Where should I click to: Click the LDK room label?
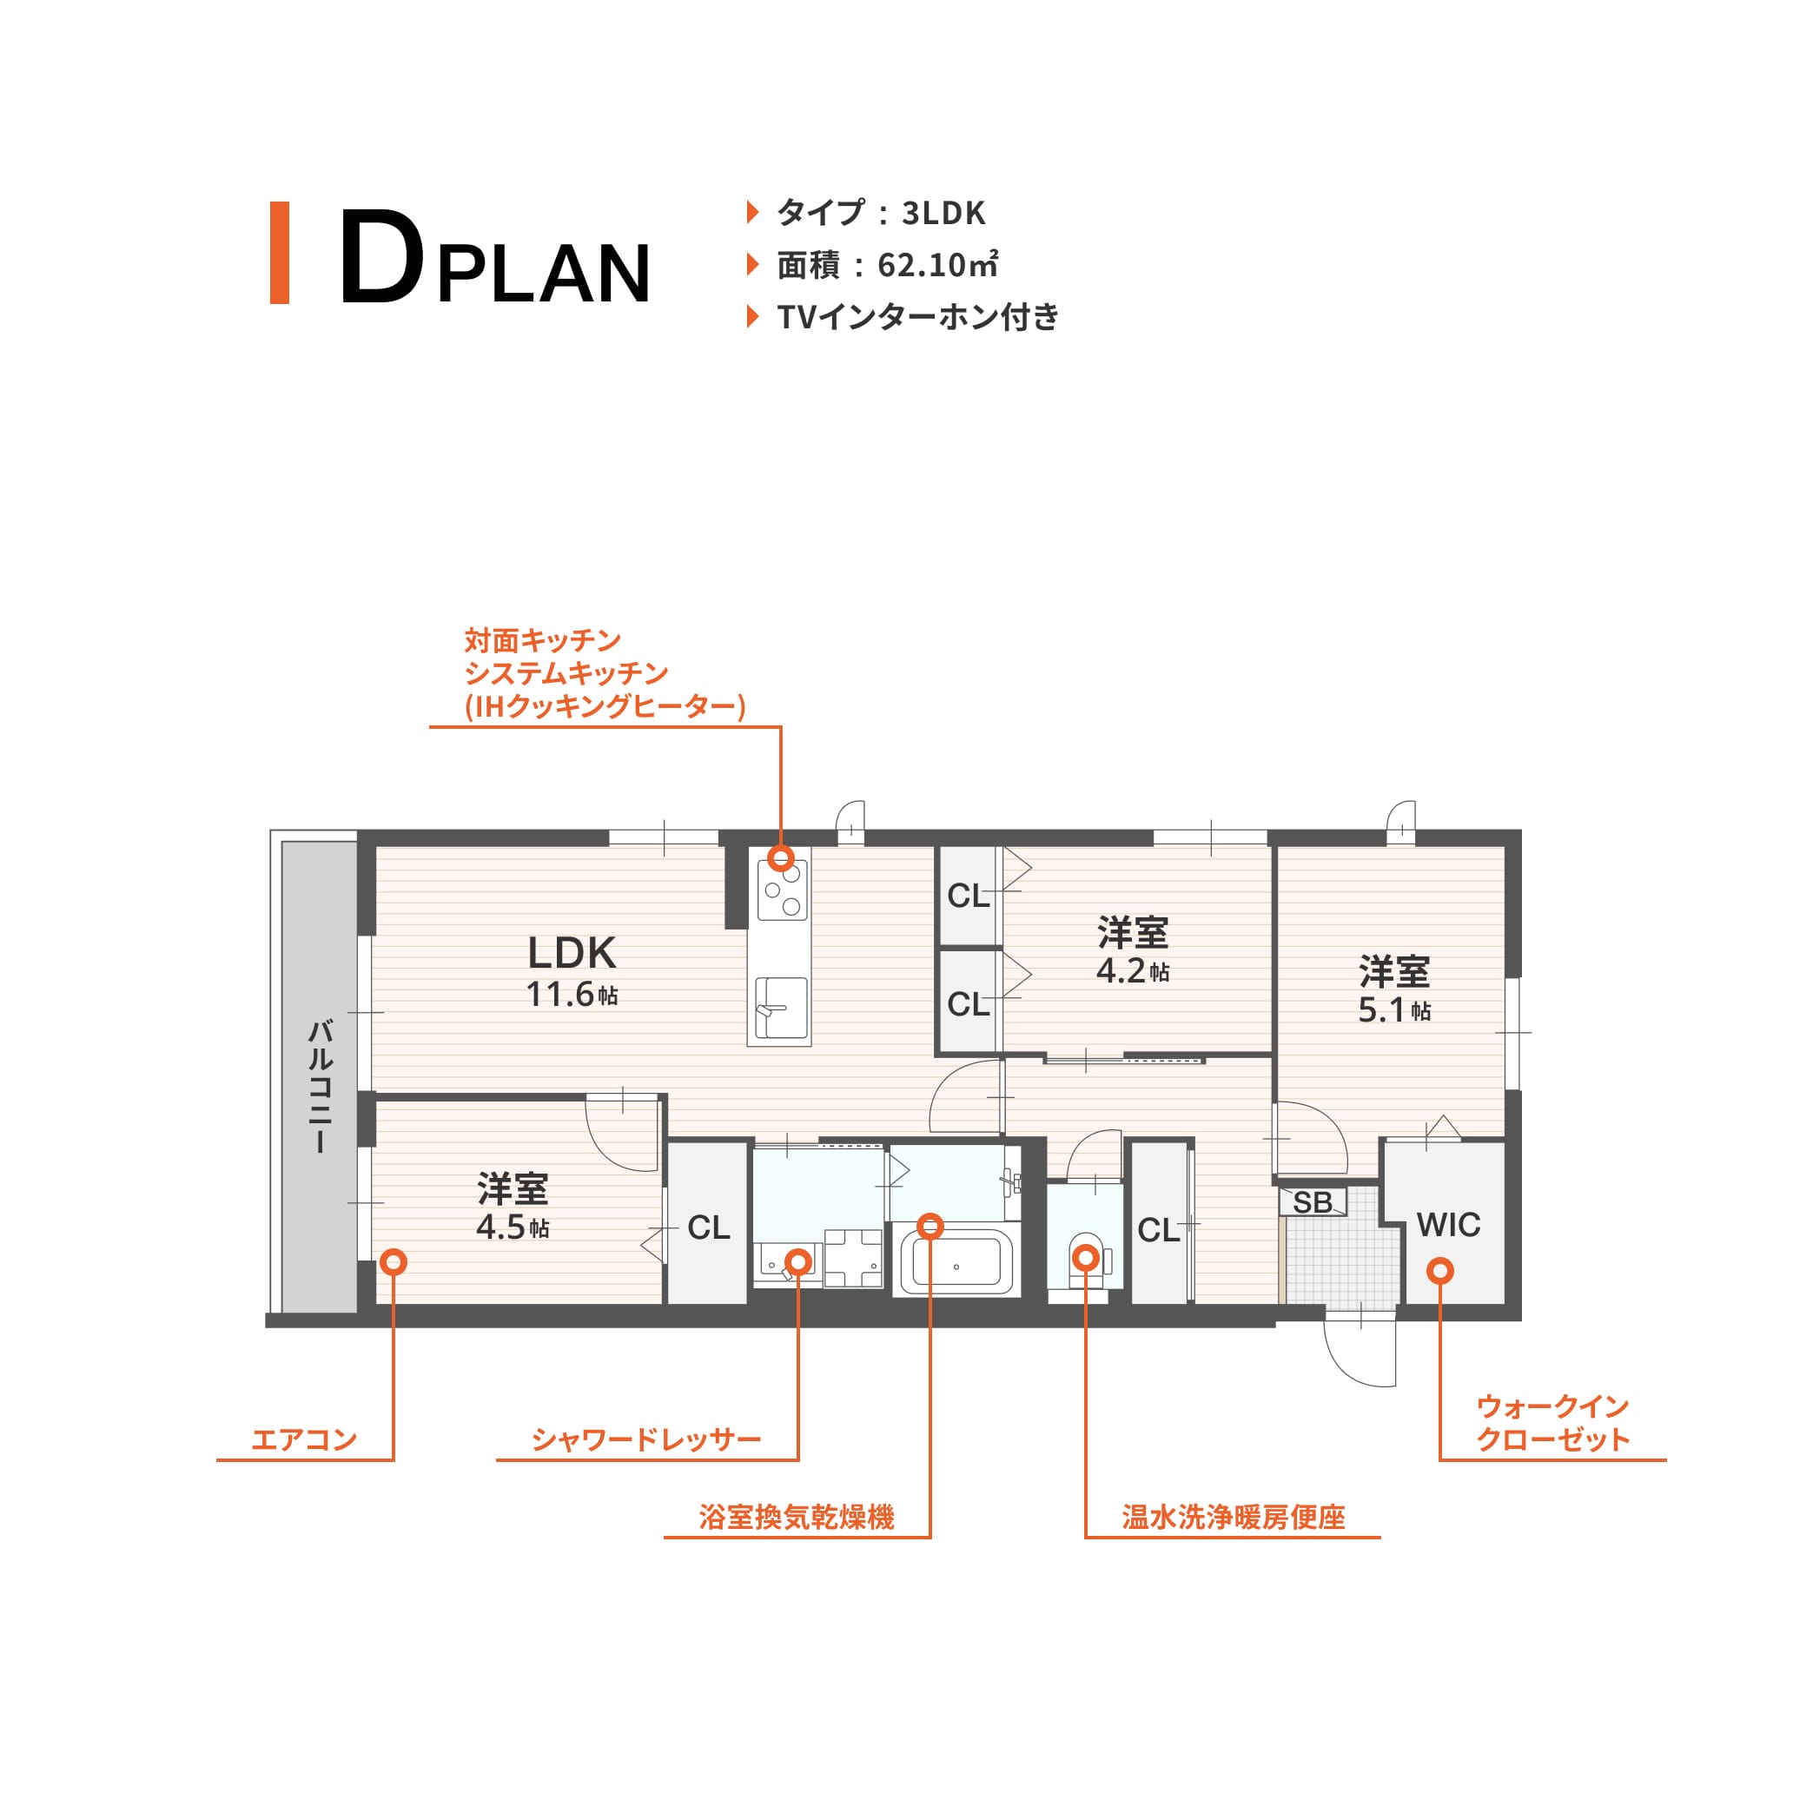(572, 953)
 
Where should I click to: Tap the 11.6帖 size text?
(572, 995)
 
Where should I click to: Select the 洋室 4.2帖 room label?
(1132, 951)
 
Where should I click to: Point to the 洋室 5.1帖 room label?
(1394, 990)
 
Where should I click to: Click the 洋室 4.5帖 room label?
(513, 1207)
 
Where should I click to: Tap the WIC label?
(1449, 1225)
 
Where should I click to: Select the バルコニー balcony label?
(320, 1086)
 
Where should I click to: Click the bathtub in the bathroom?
(956, 1261)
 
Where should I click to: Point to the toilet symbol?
(1086, 1260)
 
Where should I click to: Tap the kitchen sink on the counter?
(780, 1008)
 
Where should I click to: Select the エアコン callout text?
(304, 1439)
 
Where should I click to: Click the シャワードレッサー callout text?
(646, 1439)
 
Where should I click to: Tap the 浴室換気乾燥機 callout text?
(797, 1518)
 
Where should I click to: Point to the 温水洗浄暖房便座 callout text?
(1234, 1518)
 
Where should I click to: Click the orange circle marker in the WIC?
(1440, 1271)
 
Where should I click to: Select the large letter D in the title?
(381, 257)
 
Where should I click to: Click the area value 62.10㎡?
(938, 266)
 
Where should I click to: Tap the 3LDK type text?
(943, 214)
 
